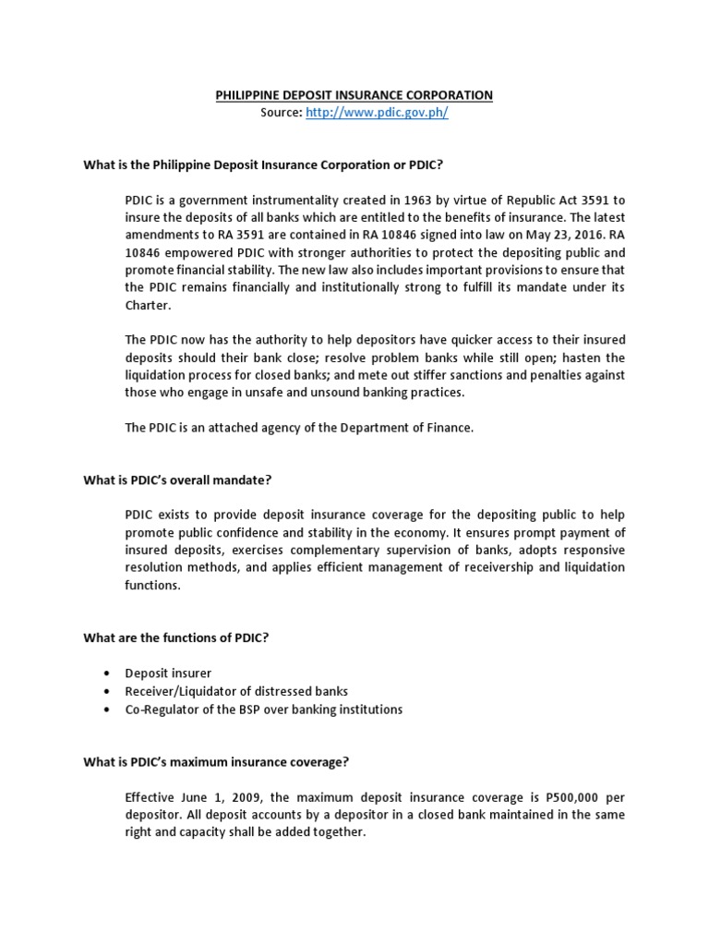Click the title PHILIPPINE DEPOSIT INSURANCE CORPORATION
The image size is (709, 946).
click(354, 95)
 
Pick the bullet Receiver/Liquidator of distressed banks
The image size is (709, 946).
click(236, 691)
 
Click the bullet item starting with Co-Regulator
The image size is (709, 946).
click(264, 709)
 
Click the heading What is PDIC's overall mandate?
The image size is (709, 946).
click(177, 479)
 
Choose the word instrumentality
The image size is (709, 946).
click(301, 199)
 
